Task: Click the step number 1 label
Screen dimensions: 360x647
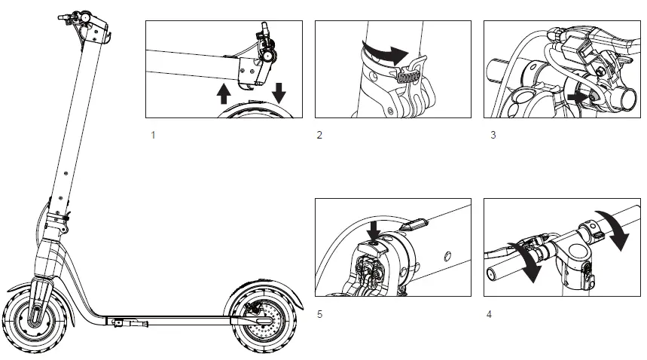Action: click(154, 136)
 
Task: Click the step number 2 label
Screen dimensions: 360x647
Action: click(319, 136)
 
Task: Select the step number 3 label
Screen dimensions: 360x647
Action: click(493, 136)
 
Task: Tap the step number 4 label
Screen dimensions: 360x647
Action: click(490, 314)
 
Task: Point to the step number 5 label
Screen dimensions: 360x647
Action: click(319, 314)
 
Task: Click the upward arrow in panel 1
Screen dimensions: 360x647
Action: click(224, 93)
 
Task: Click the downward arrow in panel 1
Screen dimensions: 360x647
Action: click(279, 92)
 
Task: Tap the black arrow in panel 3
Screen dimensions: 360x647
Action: click(578, 97)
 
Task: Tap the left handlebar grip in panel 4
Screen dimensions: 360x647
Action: click(500, 265)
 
